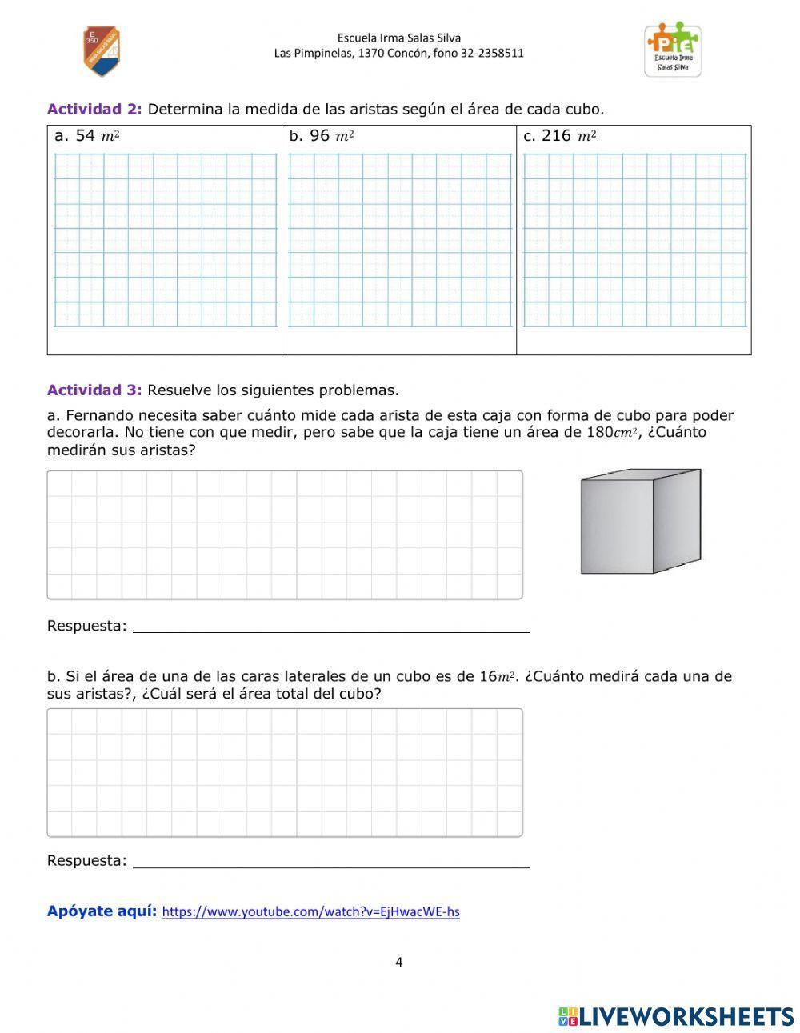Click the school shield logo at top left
click(x=102, y=51)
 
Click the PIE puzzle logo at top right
click(x=673, y=49)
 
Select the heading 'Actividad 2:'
click(x=94, y=109)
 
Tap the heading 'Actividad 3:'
click(x=94, y=390)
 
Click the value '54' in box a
click(x=85, y=136)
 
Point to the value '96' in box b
click(x=319, y=136)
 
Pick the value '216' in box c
click(x=556, y=136)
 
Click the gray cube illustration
click(x=640, y=522)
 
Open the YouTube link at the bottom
click(x=310, y=911)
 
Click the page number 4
click(x=398, y=962)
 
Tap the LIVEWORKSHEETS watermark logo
click(x=676, y=1016)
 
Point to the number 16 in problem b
click(x=488, y=676)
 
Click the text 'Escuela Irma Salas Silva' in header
click(x=398, y=38)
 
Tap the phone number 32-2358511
click(x=492, y=54)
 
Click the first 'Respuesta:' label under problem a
click(x=86, y=626)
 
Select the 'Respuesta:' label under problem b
click(x=86, y=861)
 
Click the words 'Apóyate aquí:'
click(x=102, y=911)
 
